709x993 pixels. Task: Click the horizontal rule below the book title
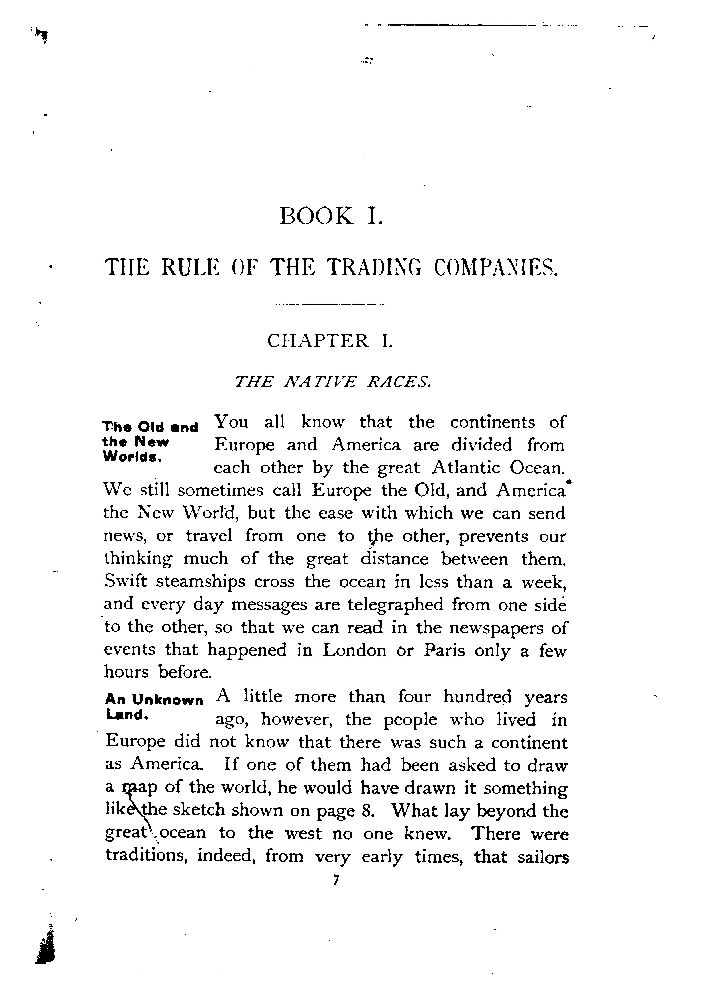click(x=330, y=304)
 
